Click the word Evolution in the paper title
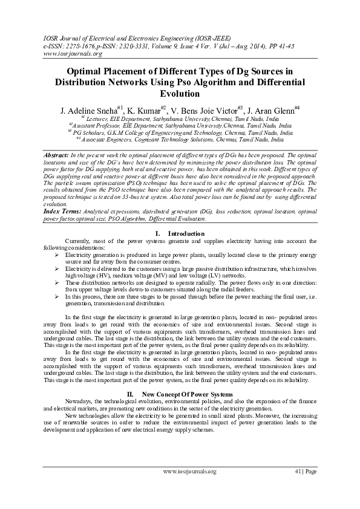(180, 94)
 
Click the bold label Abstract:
(57, 156)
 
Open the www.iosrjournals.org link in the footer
(189, 471)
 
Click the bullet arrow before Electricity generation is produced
(56, 255)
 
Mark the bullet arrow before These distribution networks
(56, 282)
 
